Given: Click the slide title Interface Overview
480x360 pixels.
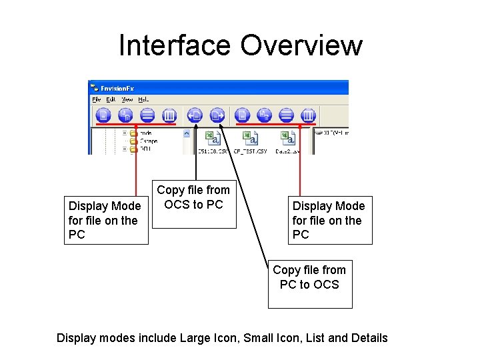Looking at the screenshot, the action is coord(240,45).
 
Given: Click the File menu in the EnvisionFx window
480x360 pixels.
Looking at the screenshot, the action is coord(97,99).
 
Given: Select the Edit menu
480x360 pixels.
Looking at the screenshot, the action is coord(111,99).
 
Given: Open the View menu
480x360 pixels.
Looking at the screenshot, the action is coord(127,99).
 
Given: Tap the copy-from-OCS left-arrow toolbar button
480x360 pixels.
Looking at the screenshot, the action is coord(195,115).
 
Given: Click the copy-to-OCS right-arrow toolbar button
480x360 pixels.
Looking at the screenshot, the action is coord(217,115).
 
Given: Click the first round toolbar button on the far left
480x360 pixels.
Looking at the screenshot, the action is coord(103,115).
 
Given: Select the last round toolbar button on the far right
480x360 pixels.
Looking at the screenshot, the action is coord(308,115).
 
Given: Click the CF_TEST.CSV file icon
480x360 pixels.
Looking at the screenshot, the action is coord(251,139).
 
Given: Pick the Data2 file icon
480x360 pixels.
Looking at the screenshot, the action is coord(288,139).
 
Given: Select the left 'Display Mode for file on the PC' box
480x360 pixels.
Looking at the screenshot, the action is coord(105,220).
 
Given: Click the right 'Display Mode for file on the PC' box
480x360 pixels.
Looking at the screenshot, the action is coord(329,220).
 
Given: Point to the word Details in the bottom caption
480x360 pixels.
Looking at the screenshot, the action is coord(370,338).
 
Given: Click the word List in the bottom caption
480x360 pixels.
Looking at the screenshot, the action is coord(314,338).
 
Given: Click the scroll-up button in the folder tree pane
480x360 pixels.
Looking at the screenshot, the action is coord(186,133).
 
